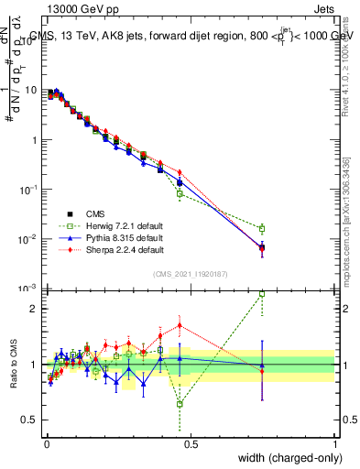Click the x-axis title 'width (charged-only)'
(287, 458)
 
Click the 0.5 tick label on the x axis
(190, 443)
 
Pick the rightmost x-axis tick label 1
(335, 443)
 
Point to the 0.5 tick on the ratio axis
(28, 420)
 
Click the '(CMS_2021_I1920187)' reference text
(190, 274)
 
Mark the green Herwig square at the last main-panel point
(262, 229)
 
